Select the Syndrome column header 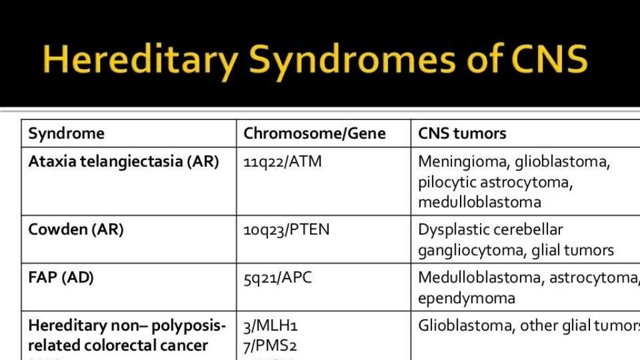[x=66, y=133]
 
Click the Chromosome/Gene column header [x=314, y=133]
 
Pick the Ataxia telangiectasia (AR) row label [x=124, y=162]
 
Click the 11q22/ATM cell [x=282, y=162]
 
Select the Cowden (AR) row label [x=76, y=229]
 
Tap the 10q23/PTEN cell [x=286, y=229]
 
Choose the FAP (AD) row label [x=61, y=277]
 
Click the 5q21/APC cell [x=277, y=277]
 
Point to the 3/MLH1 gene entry [x=270, y=326]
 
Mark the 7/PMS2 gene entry [x=270, y=345]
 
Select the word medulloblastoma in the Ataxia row [x=479, y=202]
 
